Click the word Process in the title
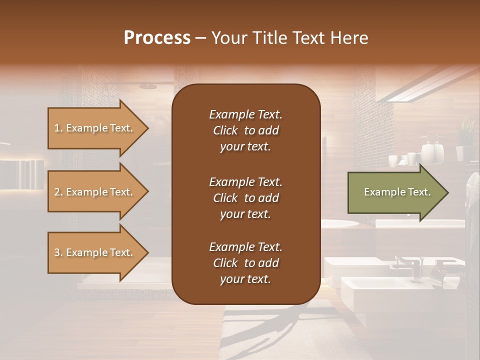[157, 37]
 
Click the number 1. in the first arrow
[58, 128]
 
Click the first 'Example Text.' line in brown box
[245, 114]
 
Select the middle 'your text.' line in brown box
[245, 214]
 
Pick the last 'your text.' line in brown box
[245, 279]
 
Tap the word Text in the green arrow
[419, 192]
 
